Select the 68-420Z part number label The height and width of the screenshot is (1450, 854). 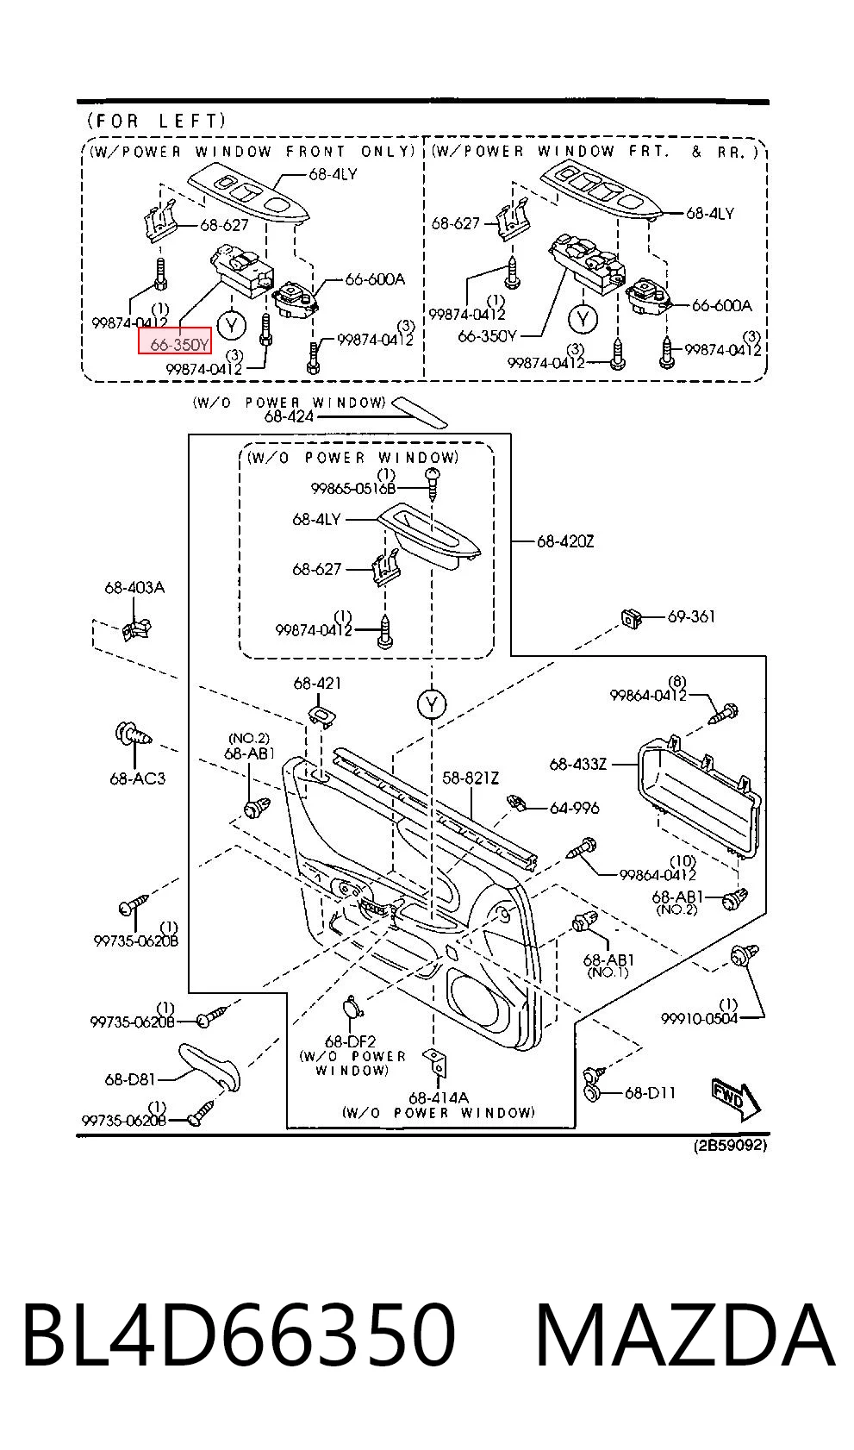coord(564,541)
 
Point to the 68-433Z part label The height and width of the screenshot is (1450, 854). coord(577,765)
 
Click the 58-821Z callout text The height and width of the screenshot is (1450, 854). coord(471,778)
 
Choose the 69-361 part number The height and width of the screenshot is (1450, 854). coord(691,616)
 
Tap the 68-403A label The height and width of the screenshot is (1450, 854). coord(134,588)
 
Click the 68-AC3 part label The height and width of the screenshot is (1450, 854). coord(137,778)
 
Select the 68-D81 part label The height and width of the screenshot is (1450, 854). coord(130,1079)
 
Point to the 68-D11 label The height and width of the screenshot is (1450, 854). coord(650,1093)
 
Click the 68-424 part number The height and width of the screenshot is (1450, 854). coord(289,417)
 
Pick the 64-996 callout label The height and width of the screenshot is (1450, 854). coord(575,808)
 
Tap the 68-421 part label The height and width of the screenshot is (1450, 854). coord(317,683)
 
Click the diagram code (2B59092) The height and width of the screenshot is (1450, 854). coord(730,1146)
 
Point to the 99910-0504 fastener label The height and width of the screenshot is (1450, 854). coord(700,1019)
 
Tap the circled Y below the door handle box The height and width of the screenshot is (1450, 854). coord(432,703)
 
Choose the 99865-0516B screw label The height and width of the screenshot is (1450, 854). coord(353,489)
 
